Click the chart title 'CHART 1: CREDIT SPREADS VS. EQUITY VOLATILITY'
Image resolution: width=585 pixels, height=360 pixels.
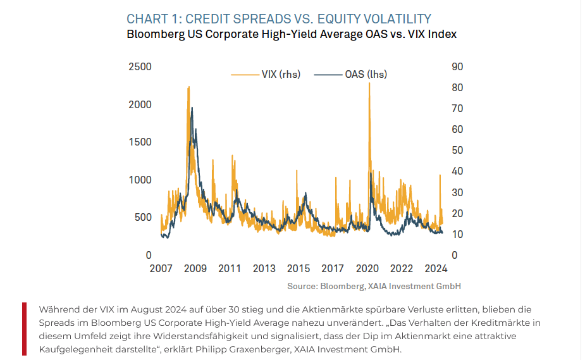tap(279, 19)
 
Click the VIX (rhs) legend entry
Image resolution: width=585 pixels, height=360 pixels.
tap(266, 74)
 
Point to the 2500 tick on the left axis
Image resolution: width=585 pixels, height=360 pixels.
tap(140, 67)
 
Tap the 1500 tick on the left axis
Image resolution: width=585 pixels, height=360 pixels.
tap(140, 142)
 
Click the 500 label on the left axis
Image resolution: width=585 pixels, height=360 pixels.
tap(143, 218)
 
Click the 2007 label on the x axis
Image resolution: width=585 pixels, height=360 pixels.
tap(161, 268)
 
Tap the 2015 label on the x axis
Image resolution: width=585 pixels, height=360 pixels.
tap(299, 268)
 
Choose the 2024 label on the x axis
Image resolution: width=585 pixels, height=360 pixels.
tap(436, 268)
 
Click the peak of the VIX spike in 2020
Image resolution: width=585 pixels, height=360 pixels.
tap(369, 84)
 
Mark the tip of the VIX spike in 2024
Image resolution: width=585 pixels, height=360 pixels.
tap(440, 175)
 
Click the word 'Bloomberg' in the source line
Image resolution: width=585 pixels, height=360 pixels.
tap(342, 286)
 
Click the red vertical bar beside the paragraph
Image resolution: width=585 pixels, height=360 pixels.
tap(24, 329)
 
